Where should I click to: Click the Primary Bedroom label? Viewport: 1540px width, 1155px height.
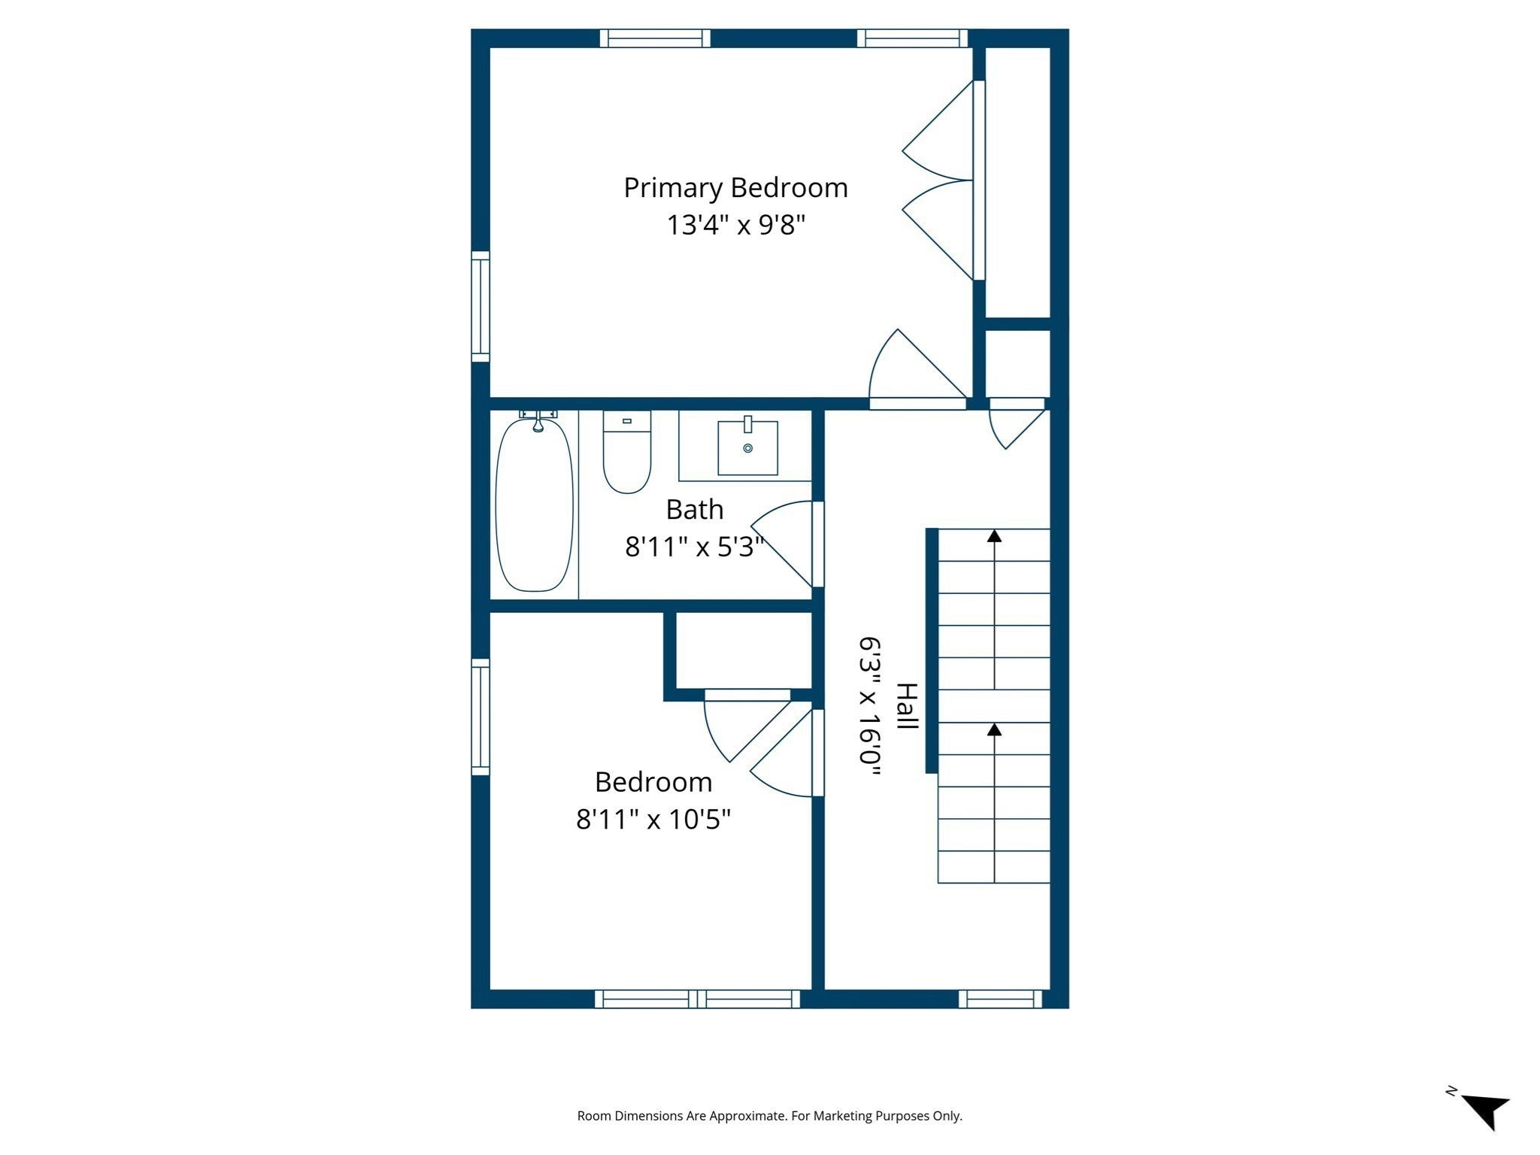[735, 188]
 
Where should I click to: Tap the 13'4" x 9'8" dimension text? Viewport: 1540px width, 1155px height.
[735, 225]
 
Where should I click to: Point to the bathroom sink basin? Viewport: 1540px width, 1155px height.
[747, 448]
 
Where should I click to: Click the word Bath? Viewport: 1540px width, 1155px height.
[694, 510]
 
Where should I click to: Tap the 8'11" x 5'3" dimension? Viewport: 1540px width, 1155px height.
[694, 547]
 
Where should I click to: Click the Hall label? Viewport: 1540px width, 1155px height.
[908, 706]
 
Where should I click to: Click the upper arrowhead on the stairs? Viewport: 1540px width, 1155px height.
[994, 536]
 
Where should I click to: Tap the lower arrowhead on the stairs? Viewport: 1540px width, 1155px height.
[994, 729]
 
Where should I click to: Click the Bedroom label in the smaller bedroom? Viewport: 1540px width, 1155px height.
[653, 782]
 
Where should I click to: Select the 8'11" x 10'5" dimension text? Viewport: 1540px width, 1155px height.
[653, 819]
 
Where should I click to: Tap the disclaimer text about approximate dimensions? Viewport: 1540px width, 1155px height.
[769, 1116]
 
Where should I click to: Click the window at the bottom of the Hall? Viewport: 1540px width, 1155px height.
[1000, 999]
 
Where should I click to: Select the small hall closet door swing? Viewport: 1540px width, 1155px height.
[1015, 427]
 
